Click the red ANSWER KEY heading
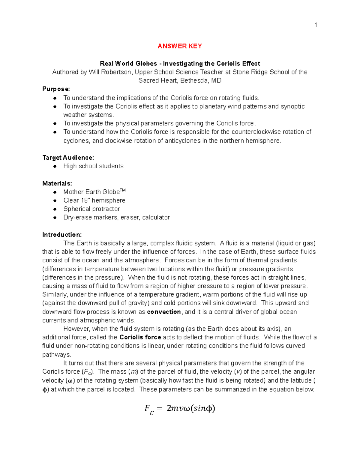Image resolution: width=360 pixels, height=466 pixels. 180,46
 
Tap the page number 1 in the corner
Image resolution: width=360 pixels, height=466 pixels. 316,25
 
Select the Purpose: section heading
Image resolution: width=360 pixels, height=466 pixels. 56,89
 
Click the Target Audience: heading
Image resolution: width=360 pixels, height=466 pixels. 68,158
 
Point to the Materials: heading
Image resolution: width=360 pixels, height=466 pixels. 57,183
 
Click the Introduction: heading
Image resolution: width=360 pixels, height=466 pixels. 62,235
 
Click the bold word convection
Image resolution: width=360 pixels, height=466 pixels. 164,312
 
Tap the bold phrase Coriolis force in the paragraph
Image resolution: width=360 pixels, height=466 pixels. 140,337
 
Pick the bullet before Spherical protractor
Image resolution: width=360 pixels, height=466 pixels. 55,209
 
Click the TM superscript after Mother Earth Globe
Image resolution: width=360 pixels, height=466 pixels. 123,190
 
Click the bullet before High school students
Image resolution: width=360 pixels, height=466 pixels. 55,166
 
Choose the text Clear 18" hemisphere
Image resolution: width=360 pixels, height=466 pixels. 94,200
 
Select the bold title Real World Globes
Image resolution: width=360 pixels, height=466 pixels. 128,64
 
